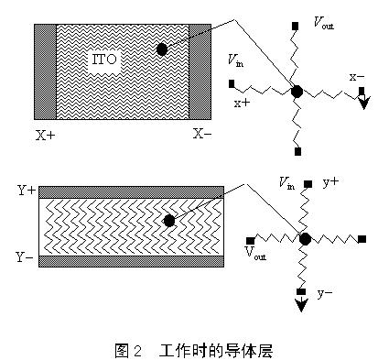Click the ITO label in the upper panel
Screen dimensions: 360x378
102,60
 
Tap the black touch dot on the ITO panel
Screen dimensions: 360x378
161,49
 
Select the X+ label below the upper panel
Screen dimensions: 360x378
45,135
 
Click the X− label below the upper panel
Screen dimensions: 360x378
203,134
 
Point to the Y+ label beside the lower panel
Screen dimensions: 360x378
26,191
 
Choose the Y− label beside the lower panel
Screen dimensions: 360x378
26,258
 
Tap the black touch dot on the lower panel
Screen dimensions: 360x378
168,221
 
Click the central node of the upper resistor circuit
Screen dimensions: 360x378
297,92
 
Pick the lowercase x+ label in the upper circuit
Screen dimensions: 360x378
243,104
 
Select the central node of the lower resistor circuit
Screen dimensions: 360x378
305,238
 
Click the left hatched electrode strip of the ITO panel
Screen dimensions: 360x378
46,71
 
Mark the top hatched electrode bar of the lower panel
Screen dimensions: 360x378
130,191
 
